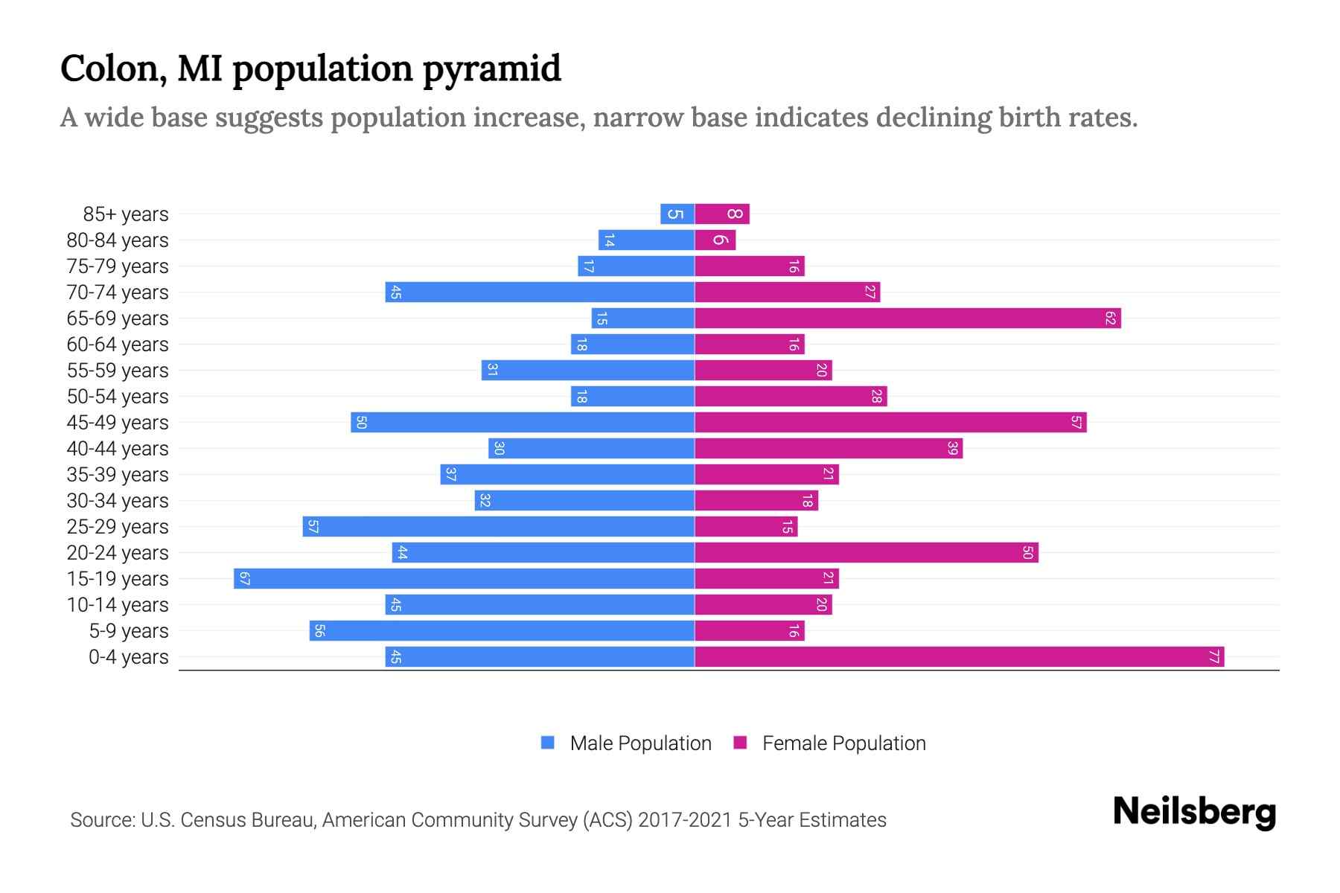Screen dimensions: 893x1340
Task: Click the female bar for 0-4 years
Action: coord(959,657)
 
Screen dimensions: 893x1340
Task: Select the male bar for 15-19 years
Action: coord(464,579)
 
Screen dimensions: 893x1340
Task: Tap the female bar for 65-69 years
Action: coord(907,319)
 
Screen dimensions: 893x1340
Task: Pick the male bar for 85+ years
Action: coord(677,214)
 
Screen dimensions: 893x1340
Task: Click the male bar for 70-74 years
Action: coord(540,292)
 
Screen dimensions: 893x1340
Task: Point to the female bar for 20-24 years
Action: coord(866,553)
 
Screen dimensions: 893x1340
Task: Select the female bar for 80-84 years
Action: coord(715,240)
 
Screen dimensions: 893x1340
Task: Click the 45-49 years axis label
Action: coord(118,423)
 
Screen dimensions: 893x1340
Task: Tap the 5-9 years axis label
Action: coord(128,631)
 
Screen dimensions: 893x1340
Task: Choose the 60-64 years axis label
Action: coord(118,345)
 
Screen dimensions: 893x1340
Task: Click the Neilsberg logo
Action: coord(1194,812)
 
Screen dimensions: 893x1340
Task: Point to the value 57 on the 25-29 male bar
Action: coord(313,527)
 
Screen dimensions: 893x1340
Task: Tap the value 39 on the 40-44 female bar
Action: coord(952,449)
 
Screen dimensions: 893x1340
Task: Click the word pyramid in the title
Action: coord(492,69)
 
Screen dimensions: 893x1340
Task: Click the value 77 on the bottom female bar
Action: coord(1213,657)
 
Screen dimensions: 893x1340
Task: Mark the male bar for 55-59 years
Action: coord(588,371)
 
